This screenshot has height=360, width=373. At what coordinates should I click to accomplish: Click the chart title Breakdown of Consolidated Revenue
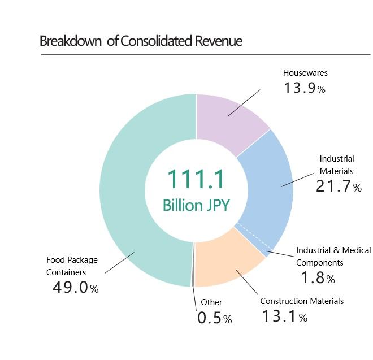[141, 41]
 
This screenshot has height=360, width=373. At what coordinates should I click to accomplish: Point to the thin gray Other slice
[193, 266]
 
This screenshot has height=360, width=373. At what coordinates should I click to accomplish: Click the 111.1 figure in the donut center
[196, 179]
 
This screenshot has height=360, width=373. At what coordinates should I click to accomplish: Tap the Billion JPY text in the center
[196, 205]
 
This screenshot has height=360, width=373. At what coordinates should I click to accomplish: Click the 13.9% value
[304, 88]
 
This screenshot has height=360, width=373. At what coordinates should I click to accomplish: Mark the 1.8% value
[318, 278]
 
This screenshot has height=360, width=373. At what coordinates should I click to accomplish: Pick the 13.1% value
[284, 316]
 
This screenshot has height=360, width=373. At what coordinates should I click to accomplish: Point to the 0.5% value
[214, 318]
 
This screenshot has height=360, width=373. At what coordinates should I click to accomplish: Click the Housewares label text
[305, 73]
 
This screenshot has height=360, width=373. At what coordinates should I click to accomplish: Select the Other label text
[211, 302]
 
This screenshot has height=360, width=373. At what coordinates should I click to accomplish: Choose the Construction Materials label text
[302, 301]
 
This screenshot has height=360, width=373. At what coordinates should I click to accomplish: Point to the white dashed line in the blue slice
[252, 236]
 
